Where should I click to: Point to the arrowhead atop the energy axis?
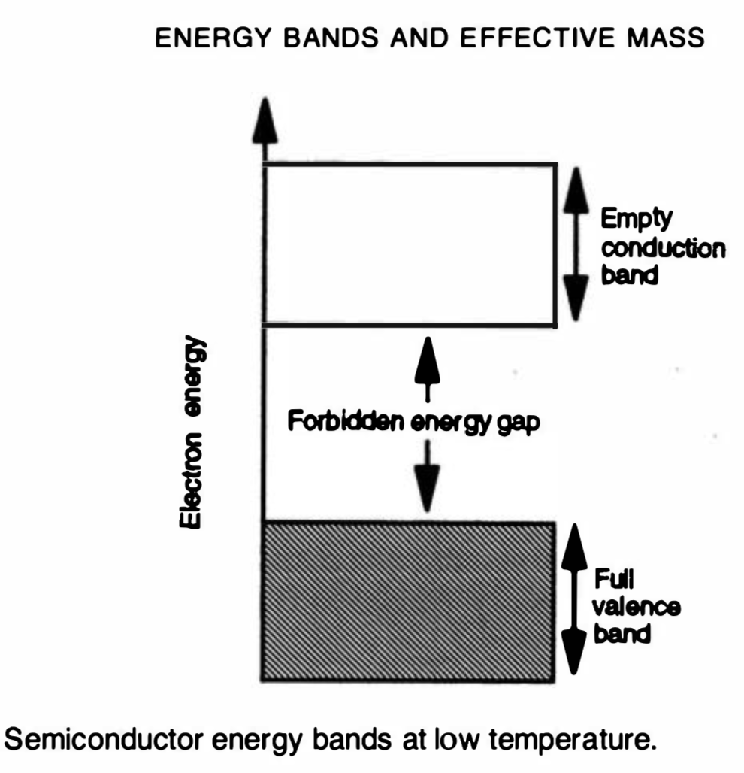(x=264, y=120)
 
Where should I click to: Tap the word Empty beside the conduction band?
(x=636, y=219)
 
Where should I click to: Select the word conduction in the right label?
(x=662, y=247)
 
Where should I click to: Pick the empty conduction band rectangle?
(x=410, y=244)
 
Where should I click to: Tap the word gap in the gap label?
(x=518, y=424)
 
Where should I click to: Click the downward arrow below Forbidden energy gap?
(x=428, y=474)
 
